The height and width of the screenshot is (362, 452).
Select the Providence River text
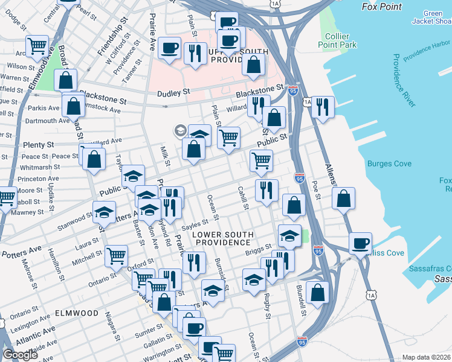coord(403,81)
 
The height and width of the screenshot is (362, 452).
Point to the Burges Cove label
coord(389,164)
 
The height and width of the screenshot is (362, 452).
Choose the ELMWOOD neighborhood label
coord(76,314)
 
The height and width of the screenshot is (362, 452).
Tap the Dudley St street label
coord(173,92)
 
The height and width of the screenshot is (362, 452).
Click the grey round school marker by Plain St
coord(180,130)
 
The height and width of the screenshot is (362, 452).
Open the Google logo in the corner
coord(20,355)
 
